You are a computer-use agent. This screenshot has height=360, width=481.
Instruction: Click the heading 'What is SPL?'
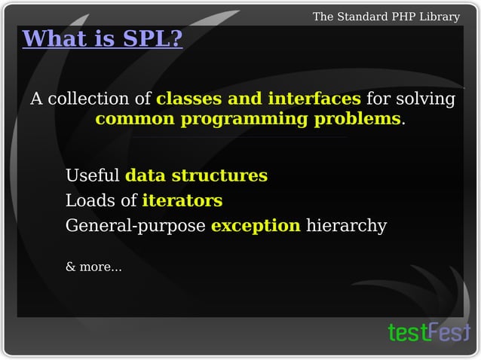(103, 38)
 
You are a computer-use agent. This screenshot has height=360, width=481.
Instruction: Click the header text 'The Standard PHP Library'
(386, 17)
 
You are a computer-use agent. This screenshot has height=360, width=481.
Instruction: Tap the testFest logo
(427, 332)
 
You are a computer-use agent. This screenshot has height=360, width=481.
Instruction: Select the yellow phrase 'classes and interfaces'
(259, 99)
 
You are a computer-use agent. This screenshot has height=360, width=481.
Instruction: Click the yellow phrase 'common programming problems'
(248, 119)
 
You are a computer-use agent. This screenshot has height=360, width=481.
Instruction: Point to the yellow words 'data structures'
(196, 175)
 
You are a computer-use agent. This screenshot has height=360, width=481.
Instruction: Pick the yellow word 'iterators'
(182, 200)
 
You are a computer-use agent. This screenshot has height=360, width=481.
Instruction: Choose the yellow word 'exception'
(256, 225)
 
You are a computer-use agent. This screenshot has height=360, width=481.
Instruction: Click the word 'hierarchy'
(346, 225)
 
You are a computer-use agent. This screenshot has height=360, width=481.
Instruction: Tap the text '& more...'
(93, 267)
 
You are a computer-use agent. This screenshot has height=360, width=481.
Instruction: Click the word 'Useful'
(93, 175)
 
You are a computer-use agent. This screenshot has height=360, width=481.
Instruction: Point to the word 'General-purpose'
(136, 226)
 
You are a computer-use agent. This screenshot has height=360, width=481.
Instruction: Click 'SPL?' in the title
(154, 38)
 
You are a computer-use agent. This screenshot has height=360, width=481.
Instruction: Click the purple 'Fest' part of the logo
(450, 331)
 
